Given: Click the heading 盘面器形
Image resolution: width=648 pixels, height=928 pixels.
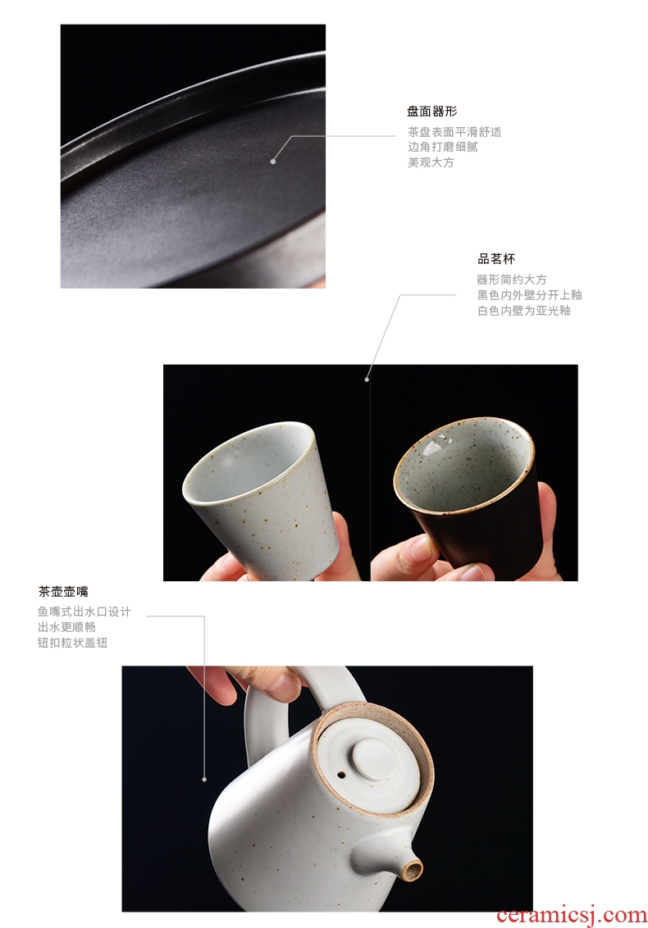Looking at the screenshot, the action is click(x=431, y=111).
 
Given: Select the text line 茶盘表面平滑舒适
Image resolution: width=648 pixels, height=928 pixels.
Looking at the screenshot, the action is click(x=454, y=132).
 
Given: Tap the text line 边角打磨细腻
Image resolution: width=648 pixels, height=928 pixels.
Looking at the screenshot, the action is click(x=442, y=147).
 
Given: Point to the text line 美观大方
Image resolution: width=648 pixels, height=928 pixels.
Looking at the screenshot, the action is click(x=431, y=162).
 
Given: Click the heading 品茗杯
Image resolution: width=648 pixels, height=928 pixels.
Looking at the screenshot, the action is click(x=496, y=258).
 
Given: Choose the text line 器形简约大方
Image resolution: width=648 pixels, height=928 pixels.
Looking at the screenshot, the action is click(x=512, y=280).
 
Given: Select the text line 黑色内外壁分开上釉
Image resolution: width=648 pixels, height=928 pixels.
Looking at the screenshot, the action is click(x=530, y=295).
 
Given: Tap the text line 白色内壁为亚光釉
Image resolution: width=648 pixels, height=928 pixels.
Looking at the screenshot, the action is click(x=523, y=310).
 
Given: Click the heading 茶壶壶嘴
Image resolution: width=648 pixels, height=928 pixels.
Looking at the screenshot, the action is click(x=63, y=591).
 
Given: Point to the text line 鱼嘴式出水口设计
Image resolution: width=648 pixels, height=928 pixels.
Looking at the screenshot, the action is click(x=84, y=612).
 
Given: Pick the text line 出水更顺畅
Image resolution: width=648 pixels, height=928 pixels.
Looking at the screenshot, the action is click(x=66, y=627).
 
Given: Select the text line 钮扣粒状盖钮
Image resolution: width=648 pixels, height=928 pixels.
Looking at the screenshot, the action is click(x=72, y=642).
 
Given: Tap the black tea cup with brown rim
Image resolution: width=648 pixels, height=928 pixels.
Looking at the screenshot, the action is click(x=468, y=491).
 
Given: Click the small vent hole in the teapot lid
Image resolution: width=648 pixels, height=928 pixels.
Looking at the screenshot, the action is click(x=341, y=774).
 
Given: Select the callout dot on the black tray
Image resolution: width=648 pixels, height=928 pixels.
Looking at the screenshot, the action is click(x=273, y=161).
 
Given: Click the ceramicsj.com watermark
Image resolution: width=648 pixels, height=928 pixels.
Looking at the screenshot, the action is click(x=572, y=915).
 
